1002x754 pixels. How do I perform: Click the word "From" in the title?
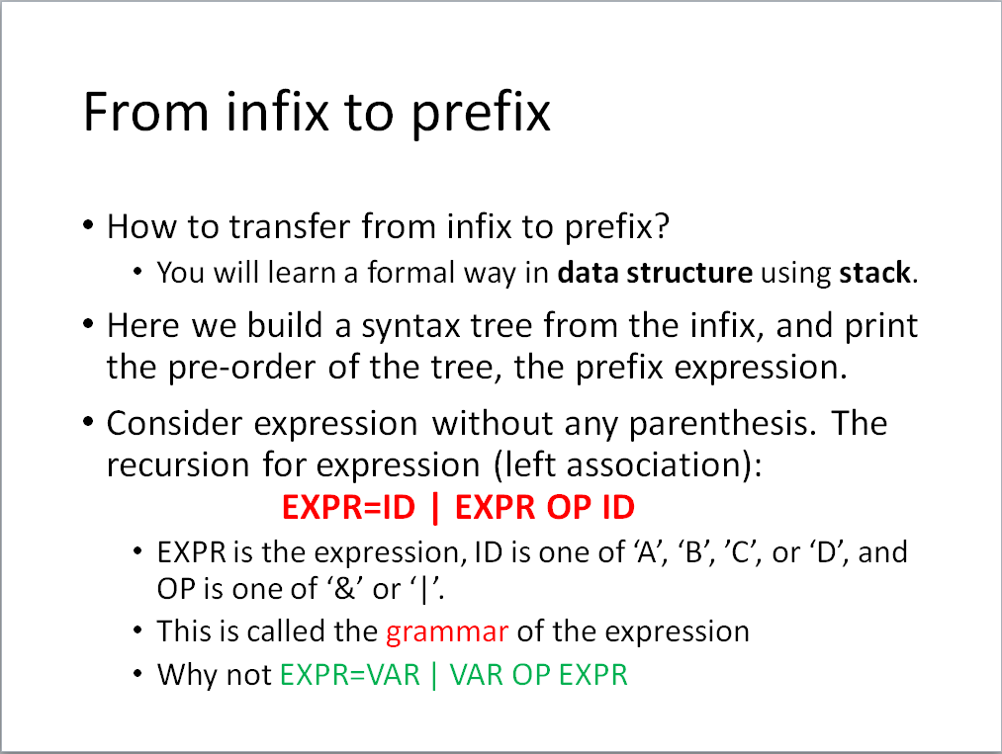[x=145, y=112]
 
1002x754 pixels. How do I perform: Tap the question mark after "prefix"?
[x=661, y=225]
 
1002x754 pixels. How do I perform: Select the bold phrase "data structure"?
[x=655, y=273]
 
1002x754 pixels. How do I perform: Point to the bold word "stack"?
[x=874, y=273]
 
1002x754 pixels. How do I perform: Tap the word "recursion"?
[x=178, y=464]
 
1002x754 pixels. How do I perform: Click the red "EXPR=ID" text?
[x=348, y=508]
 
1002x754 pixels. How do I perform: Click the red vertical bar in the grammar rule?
[x=435, y=508]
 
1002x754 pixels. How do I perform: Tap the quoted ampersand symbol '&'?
[x=345, y=588]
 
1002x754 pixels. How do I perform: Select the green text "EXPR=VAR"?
[x=350, y=675]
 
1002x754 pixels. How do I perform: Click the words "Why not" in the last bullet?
[x=215, y=675]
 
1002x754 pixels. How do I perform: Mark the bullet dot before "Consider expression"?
[x=89, y=423]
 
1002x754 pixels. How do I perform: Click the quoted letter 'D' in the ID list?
[x=826, y=552]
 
